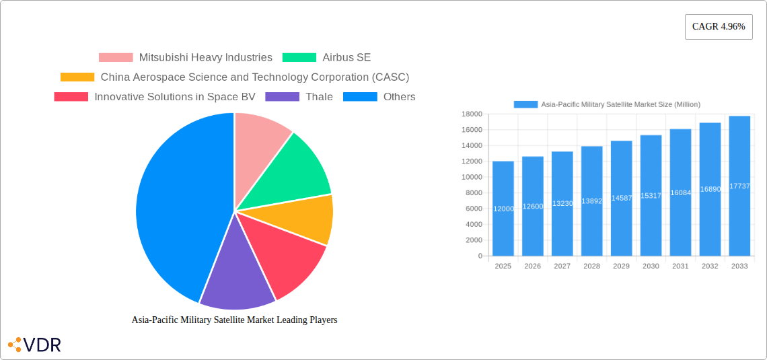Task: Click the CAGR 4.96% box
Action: [719, 27]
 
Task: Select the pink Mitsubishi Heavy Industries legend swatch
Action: [116, 58]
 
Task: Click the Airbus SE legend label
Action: [346, 58]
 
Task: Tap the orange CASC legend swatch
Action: [77, 77]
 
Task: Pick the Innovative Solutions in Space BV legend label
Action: [175, 97]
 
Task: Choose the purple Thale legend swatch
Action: [283, 97]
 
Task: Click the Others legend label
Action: [399, 97]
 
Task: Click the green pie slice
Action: [296, 168]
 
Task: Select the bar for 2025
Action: [503, 209]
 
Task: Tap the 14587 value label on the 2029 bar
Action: [621, 199]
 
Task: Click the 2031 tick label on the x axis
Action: [680, 266]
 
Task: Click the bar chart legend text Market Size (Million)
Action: [620, 104]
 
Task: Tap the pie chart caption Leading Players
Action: [234, 320]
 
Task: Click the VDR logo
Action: [35, 345]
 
